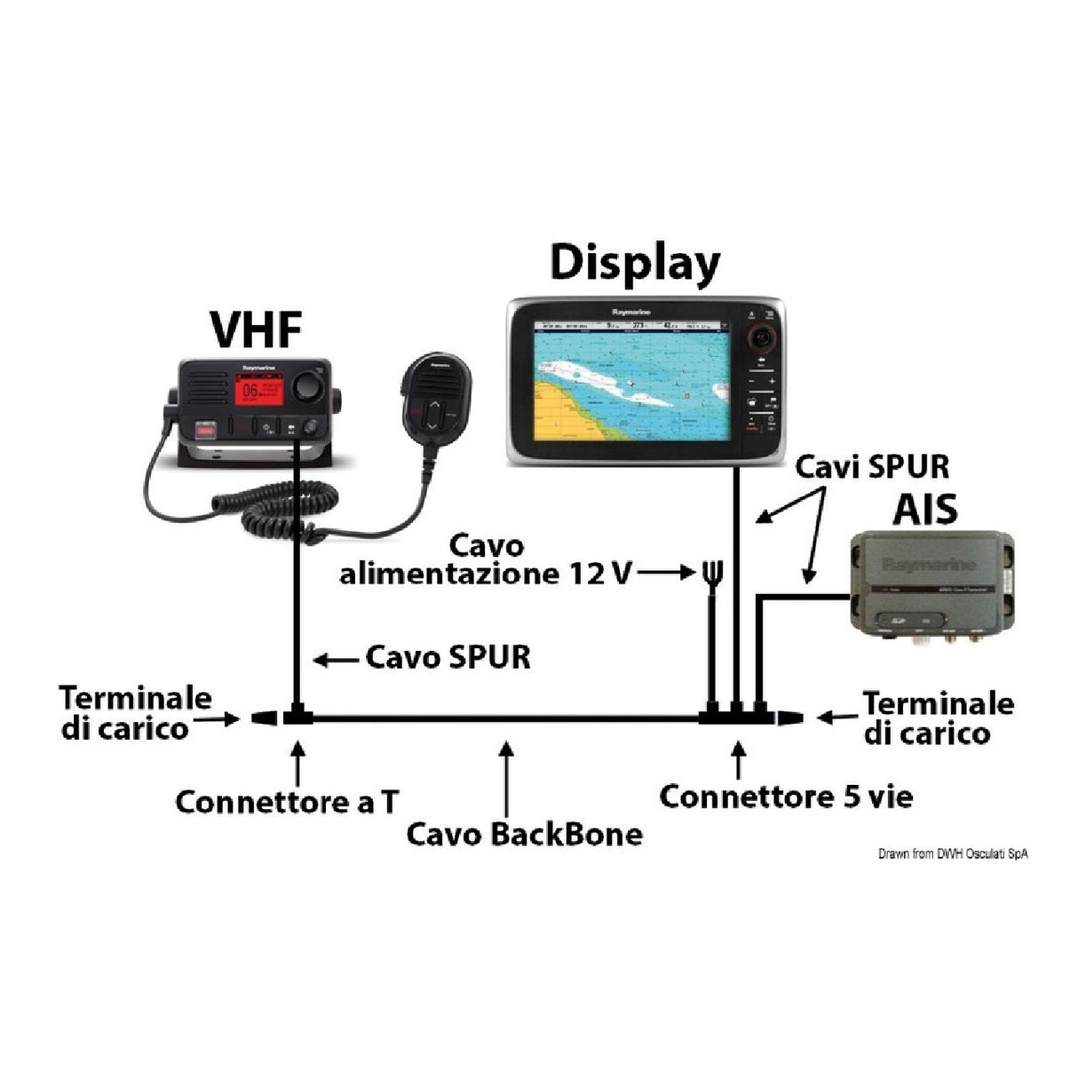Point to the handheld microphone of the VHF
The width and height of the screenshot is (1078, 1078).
(x=433, y=400)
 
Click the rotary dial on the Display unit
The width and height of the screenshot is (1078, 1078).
(x=761, y=338)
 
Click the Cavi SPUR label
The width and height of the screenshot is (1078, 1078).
(x=872, y=466)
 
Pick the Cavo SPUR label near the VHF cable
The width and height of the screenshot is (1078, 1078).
(x=448, y=658)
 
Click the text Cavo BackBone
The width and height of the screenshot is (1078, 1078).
(x=524, y=835)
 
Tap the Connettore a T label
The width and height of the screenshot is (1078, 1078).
(x=286, y=802)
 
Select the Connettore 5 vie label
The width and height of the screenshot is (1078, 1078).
(x=786, y=797)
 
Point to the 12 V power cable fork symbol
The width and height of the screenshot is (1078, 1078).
(x=709, y=573)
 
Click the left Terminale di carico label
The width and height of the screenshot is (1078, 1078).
(x=135, y=713)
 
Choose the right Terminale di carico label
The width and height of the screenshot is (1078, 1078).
(x=938, y=717)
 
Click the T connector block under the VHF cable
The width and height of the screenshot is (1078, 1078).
(x=296, y=716)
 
